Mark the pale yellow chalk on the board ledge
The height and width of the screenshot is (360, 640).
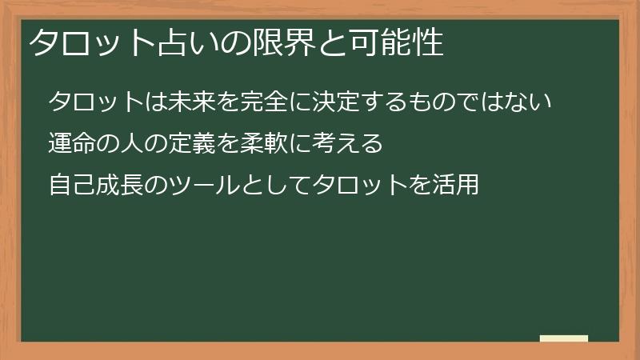click(564, 338)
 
